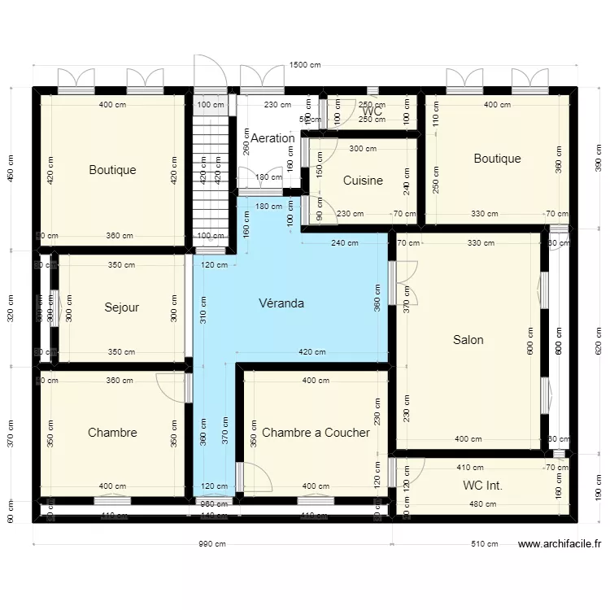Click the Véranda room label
pyautogui.click(x=281, y=303)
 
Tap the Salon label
pyautogui.click(x=468, y=340)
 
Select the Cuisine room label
pyautogui.click(x=363, y=181)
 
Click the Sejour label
pyautogui.click(x=122, y=307)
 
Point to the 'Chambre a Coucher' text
pyautogui.click(x=316, y=433)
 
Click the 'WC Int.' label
pyautogui.click(x=482, y=486)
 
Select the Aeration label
pyautogui.click(x=272, y=138)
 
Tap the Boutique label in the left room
pyautogui.click(x=112, y=170)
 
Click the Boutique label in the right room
pyautogui.click(x=497, y=159)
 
